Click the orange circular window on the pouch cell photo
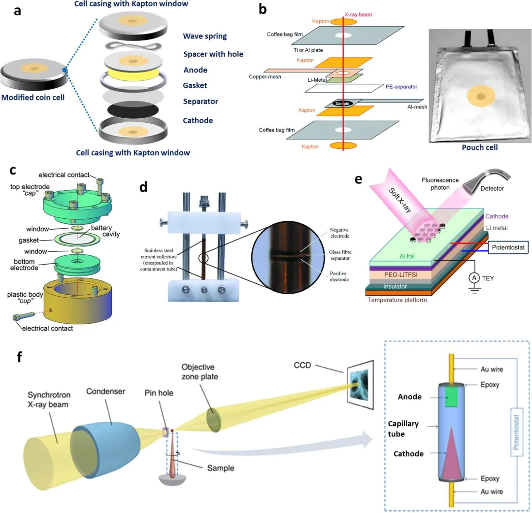point(478,97)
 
